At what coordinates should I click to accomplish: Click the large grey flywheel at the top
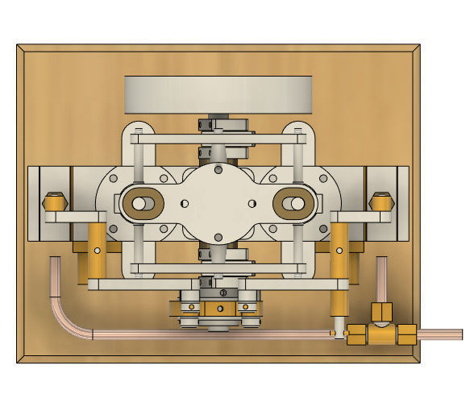(218, 94)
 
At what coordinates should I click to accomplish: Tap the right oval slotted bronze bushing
(295, 204)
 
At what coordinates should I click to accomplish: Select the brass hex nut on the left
(55, 201)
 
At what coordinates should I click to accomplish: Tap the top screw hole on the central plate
(218, 169)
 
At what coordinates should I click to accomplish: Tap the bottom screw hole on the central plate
(218, 236)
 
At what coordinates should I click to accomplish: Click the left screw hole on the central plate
(185, 203)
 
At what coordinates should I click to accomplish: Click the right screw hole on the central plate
(252, 203)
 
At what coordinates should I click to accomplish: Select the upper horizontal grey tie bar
(218, 139)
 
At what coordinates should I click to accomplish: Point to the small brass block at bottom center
(218, 309)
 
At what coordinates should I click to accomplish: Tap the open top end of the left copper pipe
(55, 260)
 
